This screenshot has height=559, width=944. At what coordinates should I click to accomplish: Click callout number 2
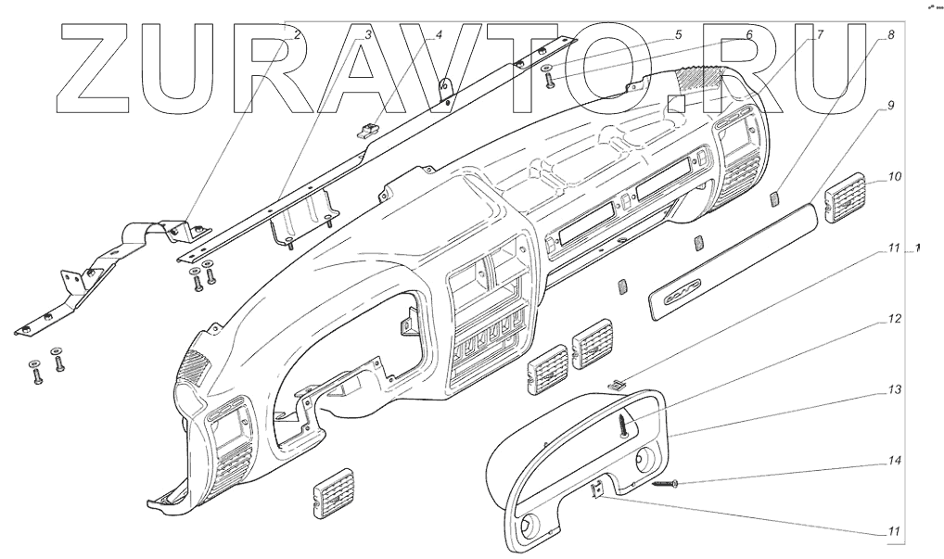(x=297, y=33)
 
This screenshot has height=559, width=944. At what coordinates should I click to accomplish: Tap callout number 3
(x=368, y=33)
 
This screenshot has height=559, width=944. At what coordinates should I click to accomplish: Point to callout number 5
(x=678, y=33)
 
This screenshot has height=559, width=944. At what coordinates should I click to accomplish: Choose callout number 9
(x=890, y=106)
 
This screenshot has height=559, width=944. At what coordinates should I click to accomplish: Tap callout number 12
(x=894, y=318)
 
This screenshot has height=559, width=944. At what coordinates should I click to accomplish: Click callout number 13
(x=894, y=390)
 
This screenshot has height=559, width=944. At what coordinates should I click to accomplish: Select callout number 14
(x=894, y=460)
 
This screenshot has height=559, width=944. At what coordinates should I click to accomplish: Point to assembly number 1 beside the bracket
(x=918, y=248)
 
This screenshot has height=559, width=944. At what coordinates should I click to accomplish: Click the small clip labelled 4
(x=369, y=129)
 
